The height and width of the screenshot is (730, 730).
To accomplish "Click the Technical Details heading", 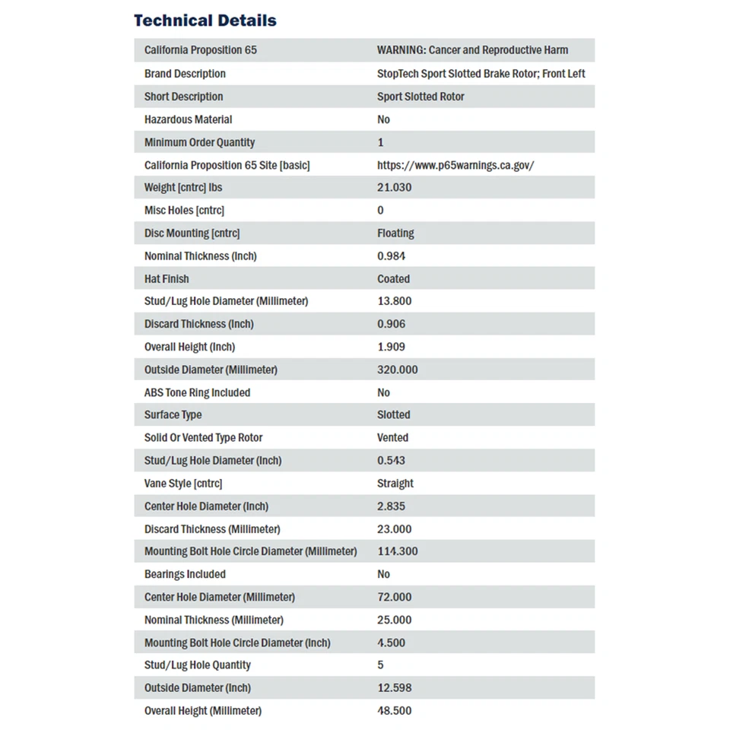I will pyautogui.click(x=205, y=21).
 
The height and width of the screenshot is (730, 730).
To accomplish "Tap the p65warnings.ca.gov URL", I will pyautogui.click(x=455, y=165).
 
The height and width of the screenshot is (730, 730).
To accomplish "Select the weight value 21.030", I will pyautogui.click(x=394, y=188).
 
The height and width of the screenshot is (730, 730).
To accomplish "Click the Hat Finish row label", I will pyautogui.click(x=167, y=279).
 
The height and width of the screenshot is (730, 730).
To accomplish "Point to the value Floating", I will pyautogui.click(x=395, y=233).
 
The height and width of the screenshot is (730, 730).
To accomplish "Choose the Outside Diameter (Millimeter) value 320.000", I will pyautogui.click(x=397, y=370).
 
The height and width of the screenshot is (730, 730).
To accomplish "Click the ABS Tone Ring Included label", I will pyautogui.click(x=197, y=392).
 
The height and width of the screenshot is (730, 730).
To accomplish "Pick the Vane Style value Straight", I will pyautogui.click(x=395, y=484).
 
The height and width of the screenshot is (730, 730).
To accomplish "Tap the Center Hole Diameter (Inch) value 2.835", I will pyautogui.click(x=391, y=506).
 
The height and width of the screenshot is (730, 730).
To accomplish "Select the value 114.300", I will pyautogui.click(x=397, y=551).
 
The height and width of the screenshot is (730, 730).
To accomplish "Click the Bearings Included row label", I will pyautogui.click(x=185, y=574).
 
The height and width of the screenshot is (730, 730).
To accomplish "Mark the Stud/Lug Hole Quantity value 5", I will pyautogui.click(x=380, y=665).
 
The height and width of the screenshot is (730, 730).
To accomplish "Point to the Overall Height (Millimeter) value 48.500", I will pyautogui.click(x=394, y=711).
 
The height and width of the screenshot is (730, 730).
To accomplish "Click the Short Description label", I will pyautogui.click(x=183, y=97).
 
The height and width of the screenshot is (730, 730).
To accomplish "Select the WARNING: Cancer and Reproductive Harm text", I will pyautogui.click(x=472, y=50).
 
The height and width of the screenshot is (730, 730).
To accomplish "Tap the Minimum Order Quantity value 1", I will pyautogui.click(x=380, y=142).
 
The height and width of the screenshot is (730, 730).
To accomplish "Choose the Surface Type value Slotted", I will pyautogui.click(x=393, y=415).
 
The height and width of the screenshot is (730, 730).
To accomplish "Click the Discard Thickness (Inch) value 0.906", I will pyautogui.click(x=391, y=324).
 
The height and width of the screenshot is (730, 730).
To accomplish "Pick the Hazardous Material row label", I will pyautogui.click(x=188, y=119).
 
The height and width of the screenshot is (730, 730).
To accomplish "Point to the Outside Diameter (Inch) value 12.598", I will pyautogui.click(x=394, y=688).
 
